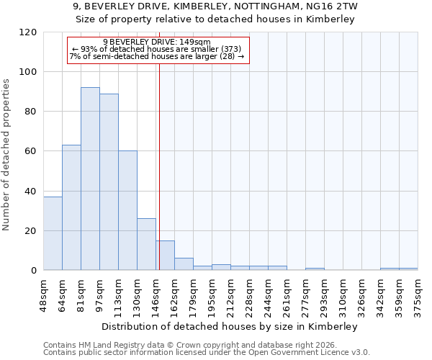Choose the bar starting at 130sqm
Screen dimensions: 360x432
click(146, 244)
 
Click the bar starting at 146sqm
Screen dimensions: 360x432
click(165, 256)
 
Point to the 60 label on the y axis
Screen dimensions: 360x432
click(32, 151)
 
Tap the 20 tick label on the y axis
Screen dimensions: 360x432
click(32, 231)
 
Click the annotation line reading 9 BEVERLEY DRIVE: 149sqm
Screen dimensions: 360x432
click(157, 42)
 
